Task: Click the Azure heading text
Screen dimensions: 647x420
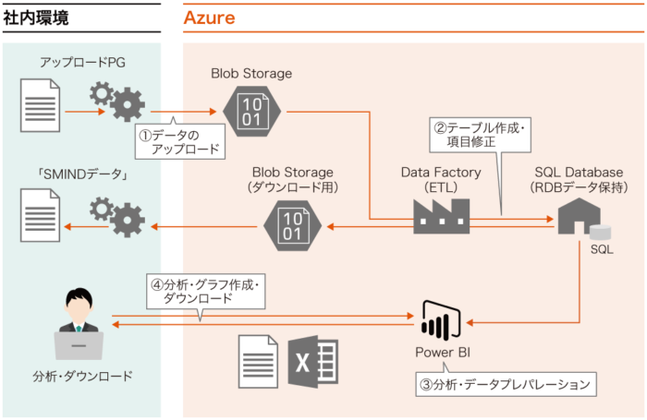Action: point(209,18)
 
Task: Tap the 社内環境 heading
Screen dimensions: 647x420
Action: point(36,18)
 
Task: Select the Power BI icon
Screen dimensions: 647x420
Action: point(441,320)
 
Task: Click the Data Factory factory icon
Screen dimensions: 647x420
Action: point(442,216)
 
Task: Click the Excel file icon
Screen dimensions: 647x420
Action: point(312,362)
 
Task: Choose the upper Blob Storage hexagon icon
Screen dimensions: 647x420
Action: point(251,112)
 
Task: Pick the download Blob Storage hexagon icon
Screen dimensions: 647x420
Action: point(293,226)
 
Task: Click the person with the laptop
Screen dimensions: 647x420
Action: point(79,324)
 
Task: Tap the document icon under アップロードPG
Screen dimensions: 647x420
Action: point(40,105)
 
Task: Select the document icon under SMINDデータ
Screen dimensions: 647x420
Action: point(40,215)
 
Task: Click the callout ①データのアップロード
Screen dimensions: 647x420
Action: point(180,141)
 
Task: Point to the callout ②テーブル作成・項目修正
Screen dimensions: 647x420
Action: point(480,135)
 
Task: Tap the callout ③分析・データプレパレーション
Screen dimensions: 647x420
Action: point(506,384)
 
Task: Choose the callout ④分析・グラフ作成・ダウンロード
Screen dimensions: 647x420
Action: point(205,292)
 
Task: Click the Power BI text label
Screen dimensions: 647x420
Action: point(443,353)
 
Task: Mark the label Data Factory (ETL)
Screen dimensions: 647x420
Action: point(441,180)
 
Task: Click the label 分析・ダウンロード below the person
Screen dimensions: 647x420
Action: point(82,376)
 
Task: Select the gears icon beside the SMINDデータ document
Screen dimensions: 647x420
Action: point(117,217)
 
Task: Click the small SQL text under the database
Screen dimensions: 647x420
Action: point(602,249)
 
